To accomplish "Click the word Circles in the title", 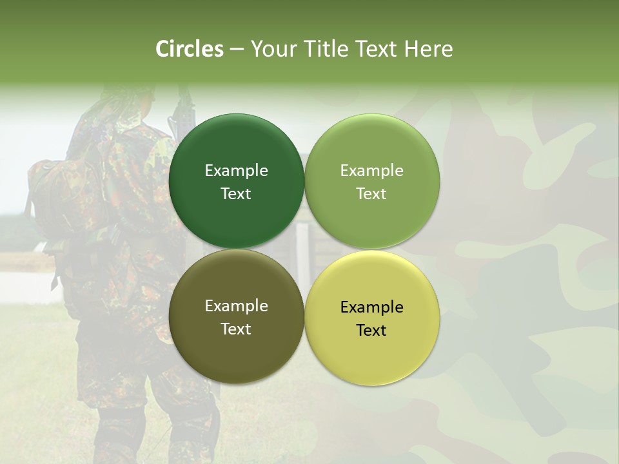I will point(190,49).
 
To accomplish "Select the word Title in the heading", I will point(326,49).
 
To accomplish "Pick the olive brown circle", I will point(236,351).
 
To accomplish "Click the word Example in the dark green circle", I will point(236,170).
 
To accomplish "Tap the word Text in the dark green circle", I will point(236,193).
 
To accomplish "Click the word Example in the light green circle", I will point(371,170).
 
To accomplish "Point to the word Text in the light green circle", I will point(371,193).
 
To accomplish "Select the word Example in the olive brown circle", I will point(236,305).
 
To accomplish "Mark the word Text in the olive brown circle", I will point(236,329).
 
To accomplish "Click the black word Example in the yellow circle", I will point(371,307).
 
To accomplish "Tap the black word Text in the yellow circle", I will point(371,330).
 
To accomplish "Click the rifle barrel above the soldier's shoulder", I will point(183,103).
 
